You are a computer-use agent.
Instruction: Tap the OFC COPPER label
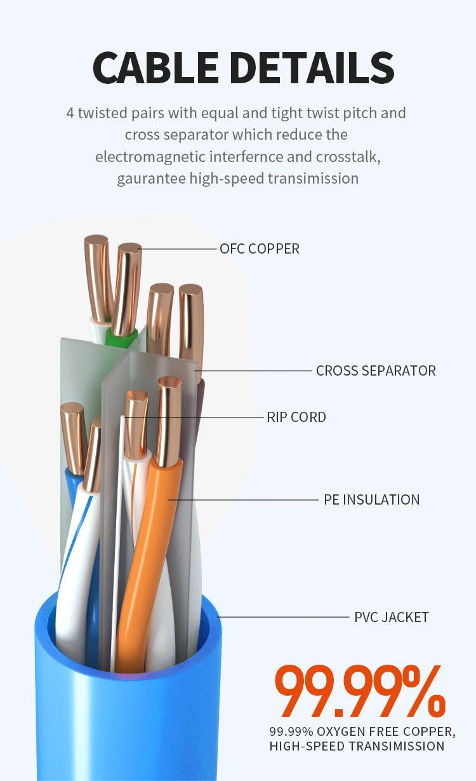(x=259, y=248)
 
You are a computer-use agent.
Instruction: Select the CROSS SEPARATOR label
(x=376, y=370)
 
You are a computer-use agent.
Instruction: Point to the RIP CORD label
(x=296, y=418)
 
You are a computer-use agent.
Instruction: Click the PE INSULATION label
(x=371, y=499)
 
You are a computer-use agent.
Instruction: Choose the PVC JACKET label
(x=391, y=617)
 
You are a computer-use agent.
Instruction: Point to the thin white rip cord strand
(x=118, y=540)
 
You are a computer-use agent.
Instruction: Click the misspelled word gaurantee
(x=150, y=178)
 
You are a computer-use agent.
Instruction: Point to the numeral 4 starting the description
(x=70, y=113)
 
